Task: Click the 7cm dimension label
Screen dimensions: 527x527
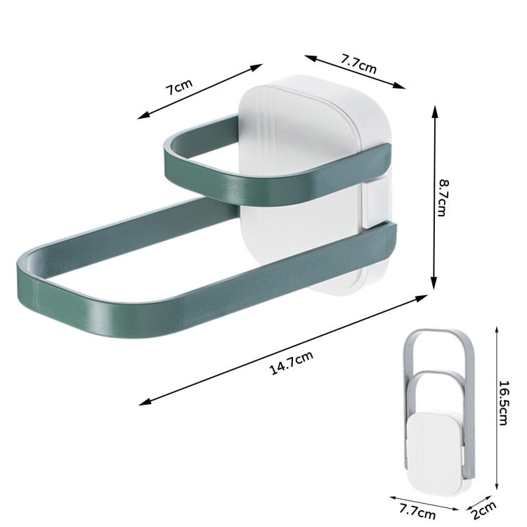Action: pos(179,87)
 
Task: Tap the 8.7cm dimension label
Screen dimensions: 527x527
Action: pos(443,197)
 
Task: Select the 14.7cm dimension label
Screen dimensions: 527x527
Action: pos(292,363)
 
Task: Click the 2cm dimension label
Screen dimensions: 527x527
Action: pos(483,511)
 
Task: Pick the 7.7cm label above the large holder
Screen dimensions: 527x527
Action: pos(358,64)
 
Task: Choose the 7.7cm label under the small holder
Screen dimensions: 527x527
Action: pos(417,511)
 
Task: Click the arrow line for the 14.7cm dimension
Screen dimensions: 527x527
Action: pos(283,349)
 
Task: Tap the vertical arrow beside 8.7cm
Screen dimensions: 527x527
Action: pos(434,197)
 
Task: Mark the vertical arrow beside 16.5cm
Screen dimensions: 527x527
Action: pos(497,408)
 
